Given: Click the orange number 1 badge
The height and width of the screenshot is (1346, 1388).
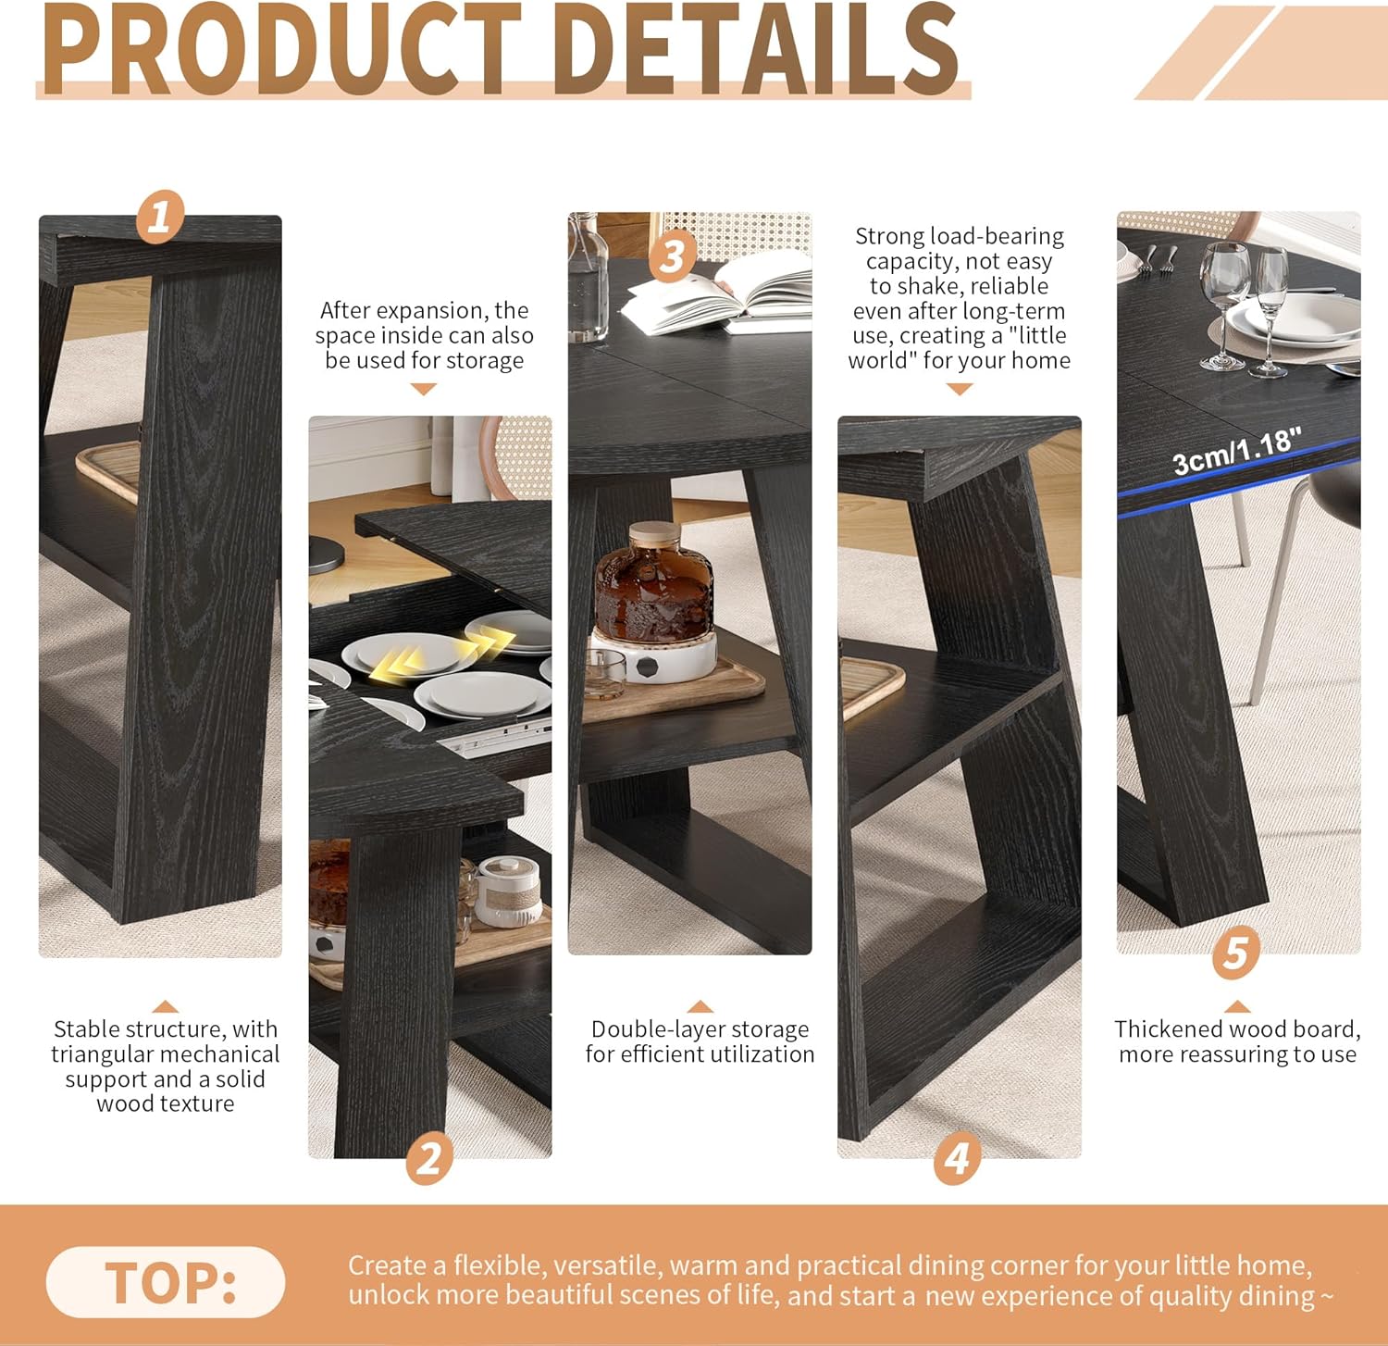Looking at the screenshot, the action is point(160,217).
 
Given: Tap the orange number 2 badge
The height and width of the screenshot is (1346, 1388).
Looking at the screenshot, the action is point(429,1159).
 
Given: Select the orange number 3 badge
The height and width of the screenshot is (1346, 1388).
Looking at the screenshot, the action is point(673,256).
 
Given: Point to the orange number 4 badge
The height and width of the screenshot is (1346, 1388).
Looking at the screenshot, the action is point(958,1159).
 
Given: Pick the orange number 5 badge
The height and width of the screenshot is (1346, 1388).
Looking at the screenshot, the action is point(1236,953).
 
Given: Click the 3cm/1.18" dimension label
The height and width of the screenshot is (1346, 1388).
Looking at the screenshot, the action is point(1237,451).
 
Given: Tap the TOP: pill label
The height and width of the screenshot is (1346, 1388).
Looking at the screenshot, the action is point(166,1282).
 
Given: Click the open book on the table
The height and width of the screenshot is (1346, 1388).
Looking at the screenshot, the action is point(716,293).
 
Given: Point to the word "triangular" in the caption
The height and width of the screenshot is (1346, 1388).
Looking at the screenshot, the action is point(101,1054).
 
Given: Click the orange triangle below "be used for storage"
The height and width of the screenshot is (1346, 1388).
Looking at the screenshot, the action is point(423,390).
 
